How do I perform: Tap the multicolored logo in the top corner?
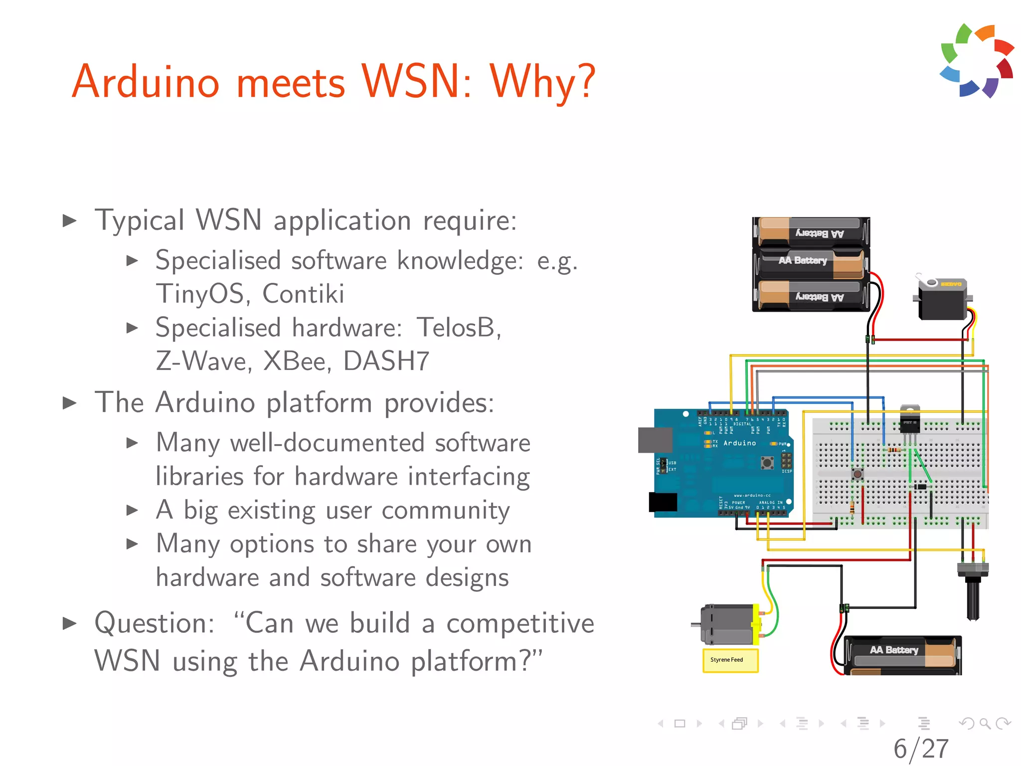pos(977,60)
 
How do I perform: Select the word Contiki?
pos(303,294)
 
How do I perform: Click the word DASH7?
pos(386,361)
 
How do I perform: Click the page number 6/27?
pos(921,749)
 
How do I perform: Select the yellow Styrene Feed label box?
pos(730,660)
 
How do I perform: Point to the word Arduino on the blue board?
pos(739,443)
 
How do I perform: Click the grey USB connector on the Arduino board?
pos(655,440)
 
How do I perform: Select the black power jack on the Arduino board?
pos(663,502)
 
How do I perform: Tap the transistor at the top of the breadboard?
pos(910,422)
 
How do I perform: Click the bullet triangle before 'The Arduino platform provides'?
pos(70,403)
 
